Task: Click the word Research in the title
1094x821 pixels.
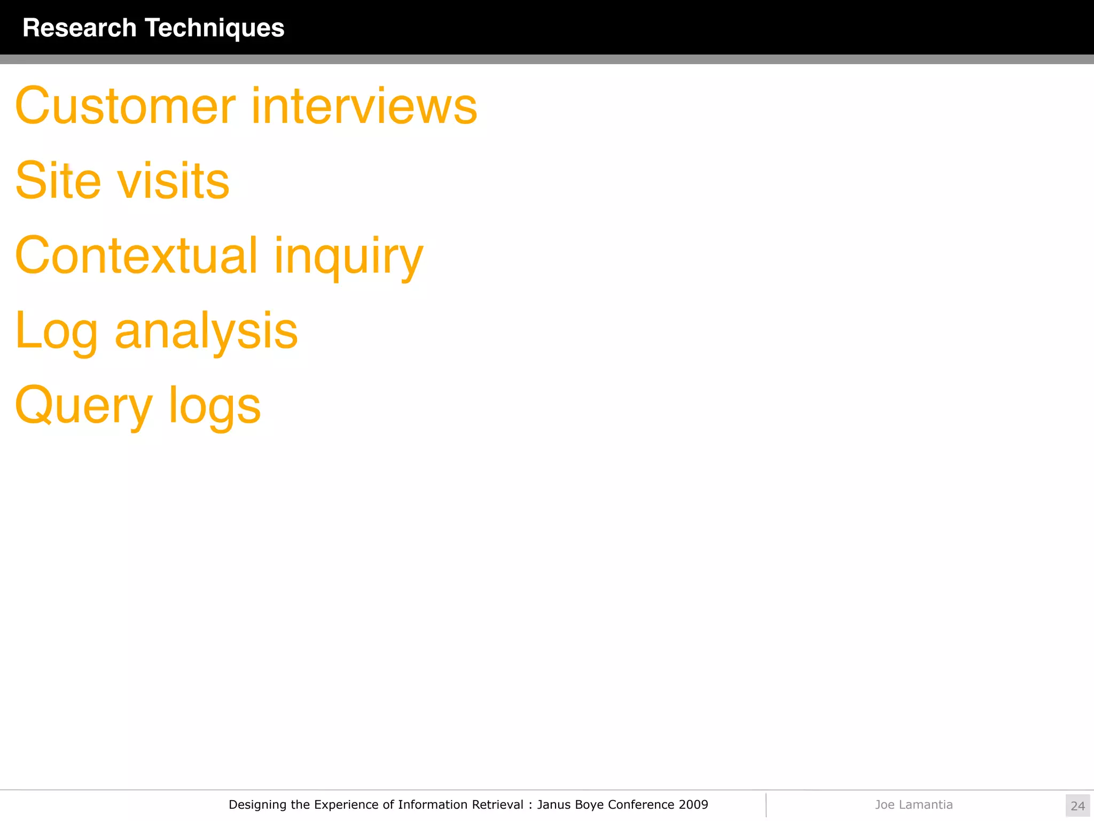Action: point(80,28)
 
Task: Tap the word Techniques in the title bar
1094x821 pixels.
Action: point(214,28)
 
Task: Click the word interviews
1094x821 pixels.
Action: point(364,106)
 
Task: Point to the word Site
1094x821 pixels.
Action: point(58,181)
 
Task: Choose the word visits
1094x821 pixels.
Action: point(173,181)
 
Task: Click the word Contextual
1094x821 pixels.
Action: point(137,255)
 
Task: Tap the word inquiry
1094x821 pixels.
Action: point(348,257)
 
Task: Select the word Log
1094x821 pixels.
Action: point(57,331)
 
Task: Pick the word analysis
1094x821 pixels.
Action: point(206,331)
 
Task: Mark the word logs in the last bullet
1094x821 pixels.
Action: point(215,406)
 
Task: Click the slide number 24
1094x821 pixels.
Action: point(1077,805)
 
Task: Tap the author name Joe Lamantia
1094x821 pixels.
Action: point(913,804)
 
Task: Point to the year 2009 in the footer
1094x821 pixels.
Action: point(693,804)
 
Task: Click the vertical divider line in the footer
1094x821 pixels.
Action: point(766,805)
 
